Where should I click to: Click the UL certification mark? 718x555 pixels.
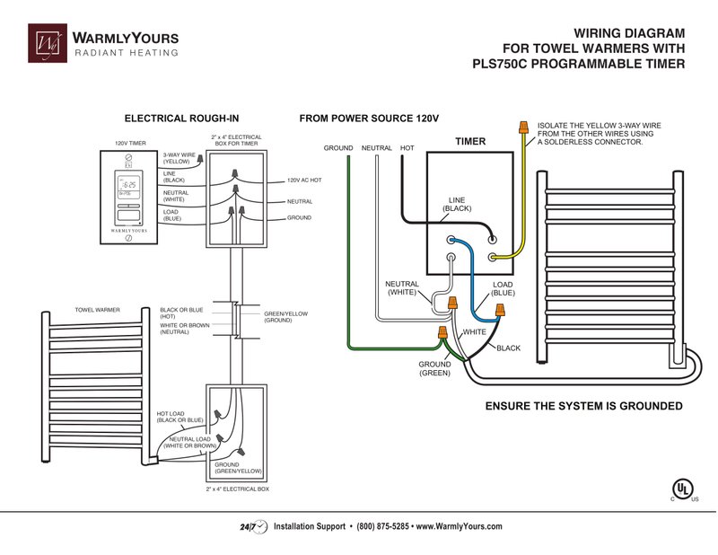point(683,489)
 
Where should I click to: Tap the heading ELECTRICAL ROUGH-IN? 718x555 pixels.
point(181,119)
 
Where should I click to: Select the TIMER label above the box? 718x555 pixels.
point(469,142)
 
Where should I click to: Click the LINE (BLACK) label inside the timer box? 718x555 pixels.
point(457,204)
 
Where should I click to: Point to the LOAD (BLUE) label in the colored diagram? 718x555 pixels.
point(503,288)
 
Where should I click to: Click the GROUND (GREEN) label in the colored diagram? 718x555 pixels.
point(434,368)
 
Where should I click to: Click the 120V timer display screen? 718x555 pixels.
point(129,189)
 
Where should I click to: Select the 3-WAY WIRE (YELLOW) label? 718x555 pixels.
point(179,158)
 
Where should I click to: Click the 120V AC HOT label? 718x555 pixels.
point(304,181)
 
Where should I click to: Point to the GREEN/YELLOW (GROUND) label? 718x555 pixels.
point(285,317)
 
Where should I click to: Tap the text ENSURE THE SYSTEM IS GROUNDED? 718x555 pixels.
point(583,407)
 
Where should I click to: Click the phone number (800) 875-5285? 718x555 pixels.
point(382,526)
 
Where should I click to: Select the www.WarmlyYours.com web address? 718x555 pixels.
point(459,526)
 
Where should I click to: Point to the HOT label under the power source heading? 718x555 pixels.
point(407,147)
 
